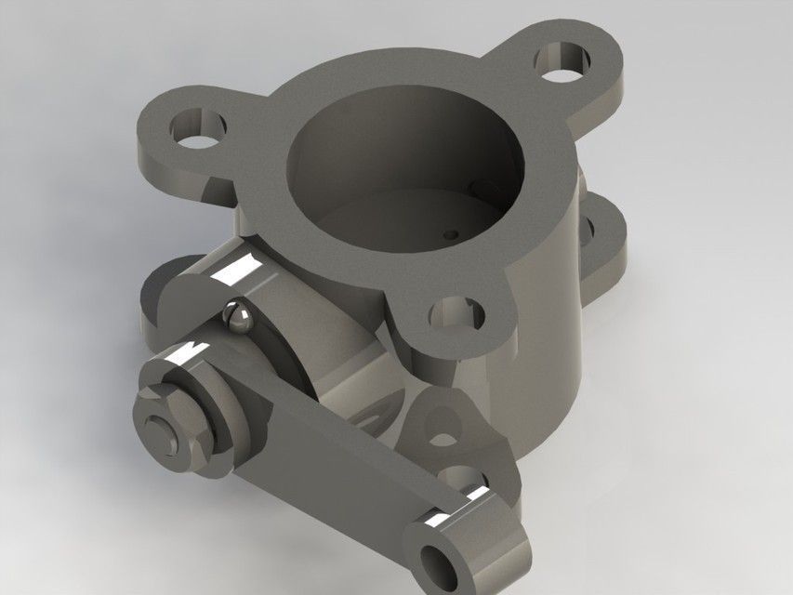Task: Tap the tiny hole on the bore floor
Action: pos(453,234)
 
